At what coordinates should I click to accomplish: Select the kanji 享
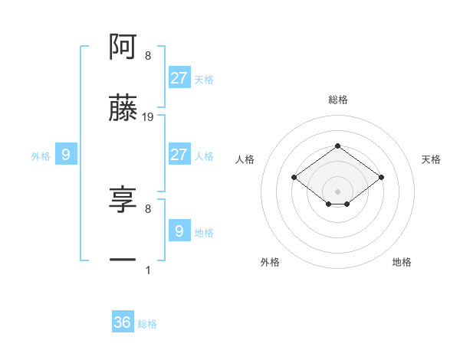tap(123, 200)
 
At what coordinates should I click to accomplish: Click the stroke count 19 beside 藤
tap(148, 117)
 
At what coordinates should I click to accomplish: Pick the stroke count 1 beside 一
tap(148, 270)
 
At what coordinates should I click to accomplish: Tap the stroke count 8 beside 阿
tap(148, 56)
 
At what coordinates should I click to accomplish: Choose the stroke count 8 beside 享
tap(148, 208)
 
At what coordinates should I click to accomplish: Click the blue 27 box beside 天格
tap(179, 77)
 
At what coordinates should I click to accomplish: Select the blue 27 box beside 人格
tap(179, 154)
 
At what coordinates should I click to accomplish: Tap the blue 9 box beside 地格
tap(179, 231)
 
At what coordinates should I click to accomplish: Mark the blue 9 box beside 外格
tap(66, 155)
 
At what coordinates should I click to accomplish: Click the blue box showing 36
tap(123, 322)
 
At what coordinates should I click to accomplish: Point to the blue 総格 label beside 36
tap(147, 324)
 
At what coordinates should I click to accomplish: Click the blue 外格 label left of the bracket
tap(41, 156)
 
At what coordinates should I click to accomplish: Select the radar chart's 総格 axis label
tap(337, 100)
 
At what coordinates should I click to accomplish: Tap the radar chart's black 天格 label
tap(431, 159)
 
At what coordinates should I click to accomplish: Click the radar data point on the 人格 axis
tap(294, 177)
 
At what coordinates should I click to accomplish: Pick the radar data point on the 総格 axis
tap(337, 146)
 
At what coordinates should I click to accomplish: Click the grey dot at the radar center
tap(337, 191)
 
